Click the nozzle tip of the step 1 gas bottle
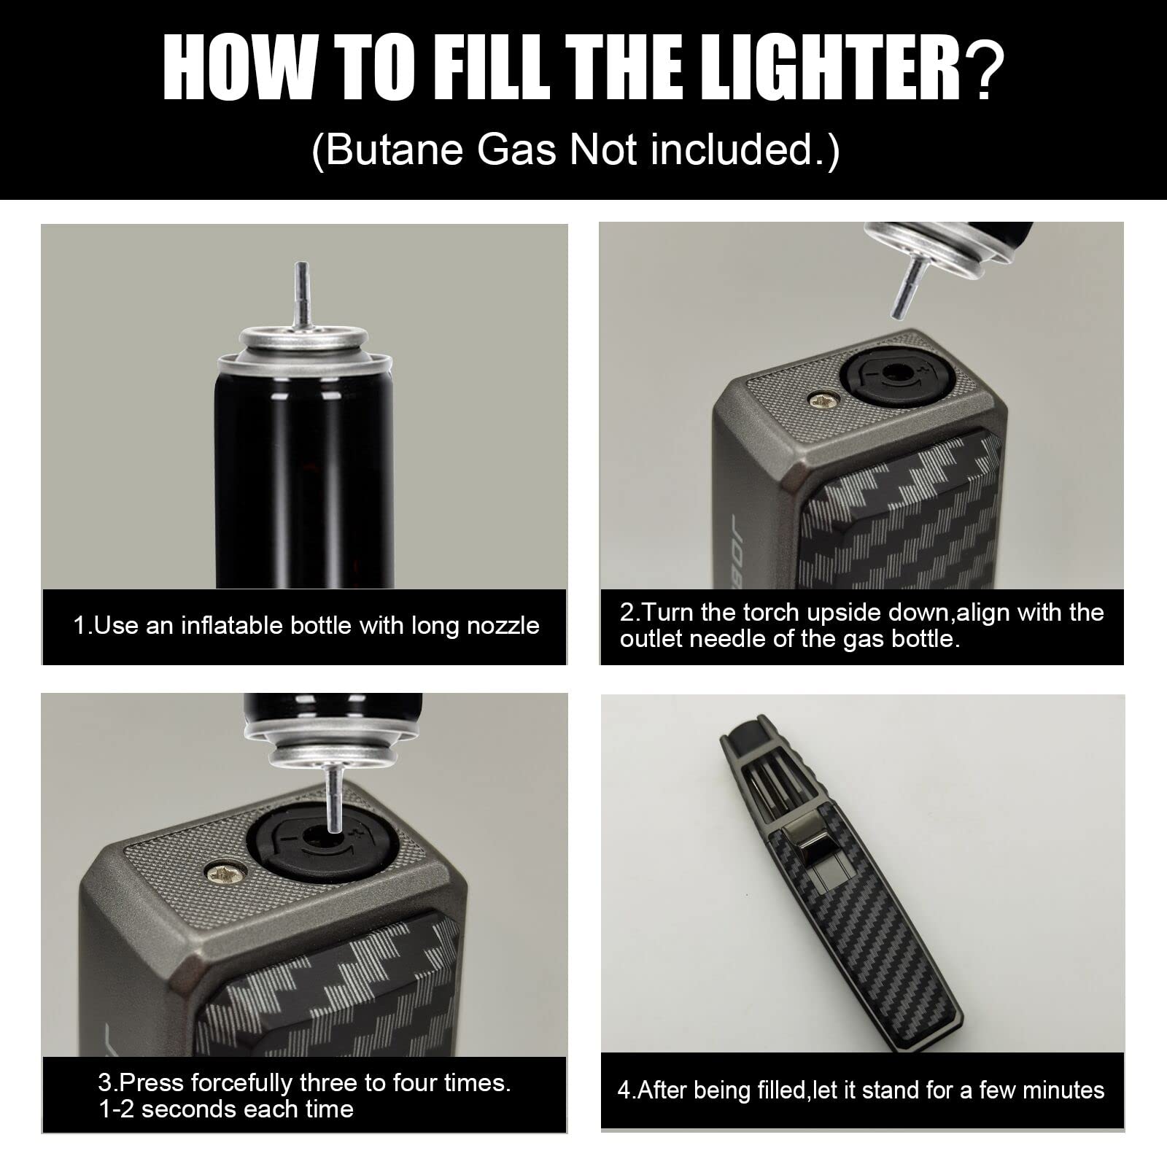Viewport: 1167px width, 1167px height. point(299,265)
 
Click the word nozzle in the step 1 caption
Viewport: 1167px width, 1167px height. point(503,626)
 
